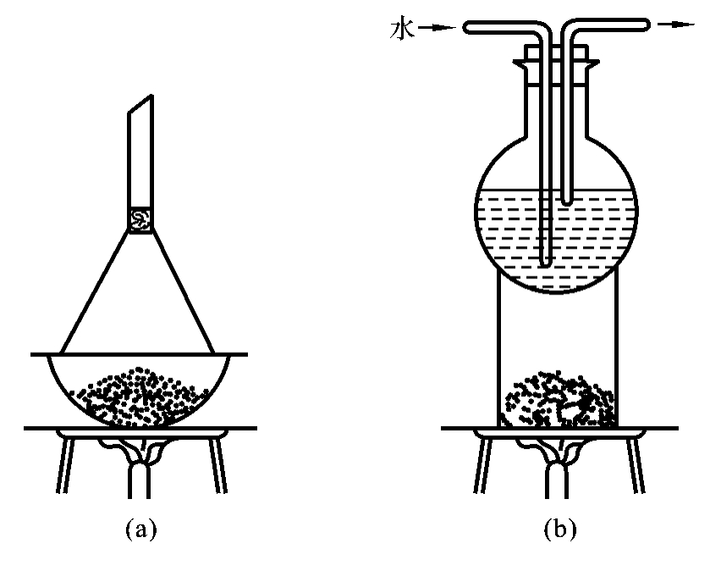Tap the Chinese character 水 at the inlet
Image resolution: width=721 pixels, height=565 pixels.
[x=400, y=28]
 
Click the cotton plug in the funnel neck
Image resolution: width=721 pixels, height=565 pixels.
[x=140, y=219]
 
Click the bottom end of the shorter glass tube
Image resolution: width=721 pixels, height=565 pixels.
[x=566, y=201]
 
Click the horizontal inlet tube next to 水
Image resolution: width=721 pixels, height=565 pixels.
[x=499, y=27]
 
